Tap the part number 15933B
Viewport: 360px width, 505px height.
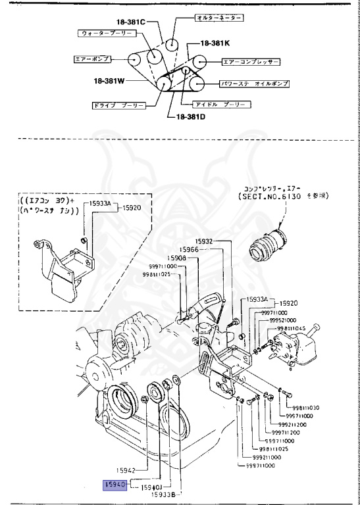coord(164,494)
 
